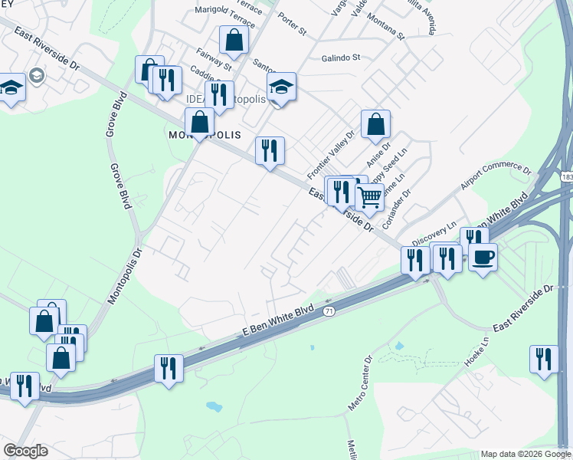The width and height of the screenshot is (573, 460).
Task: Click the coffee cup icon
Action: [483, 258]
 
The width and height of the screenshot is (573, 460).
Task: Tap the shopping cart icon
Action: [370, 197]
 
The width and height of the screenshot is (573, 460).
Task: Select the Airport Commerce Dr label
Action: [495, 177]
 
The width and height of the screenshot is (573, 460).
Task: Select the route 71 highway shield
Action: [329, 310]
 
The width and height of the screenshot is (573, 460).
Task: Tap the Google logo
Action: [25, 451]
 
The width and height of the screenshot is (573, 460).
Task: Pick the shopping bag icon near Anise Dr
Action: [375, 125]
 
